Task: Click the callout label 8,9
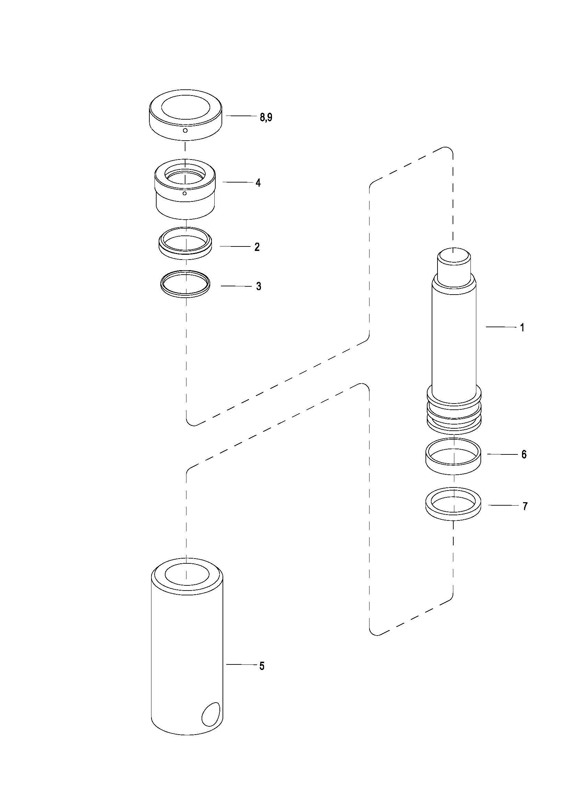tap(266, 117)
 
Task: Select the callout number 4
tap(258, 183)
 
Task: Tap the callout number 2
tap(257, 247)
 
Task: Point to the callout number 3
tap(259, 286)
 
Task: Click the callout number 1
tap(522, 328)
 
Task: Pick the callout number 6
tap(524, 454)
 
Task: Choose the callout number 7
tap(525, 506)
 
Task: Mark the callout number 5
tap(262, 666)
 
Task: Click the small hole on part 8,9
tap(185, 131)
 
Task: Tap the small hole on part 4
tap(185, 193)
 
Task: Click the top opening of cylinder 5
tap(187, 574)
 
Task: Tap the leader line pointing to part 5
tap(241, 664)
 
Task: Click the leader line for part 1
tap(501, 327)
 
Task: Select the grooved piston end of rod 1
tap(454, 413)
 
